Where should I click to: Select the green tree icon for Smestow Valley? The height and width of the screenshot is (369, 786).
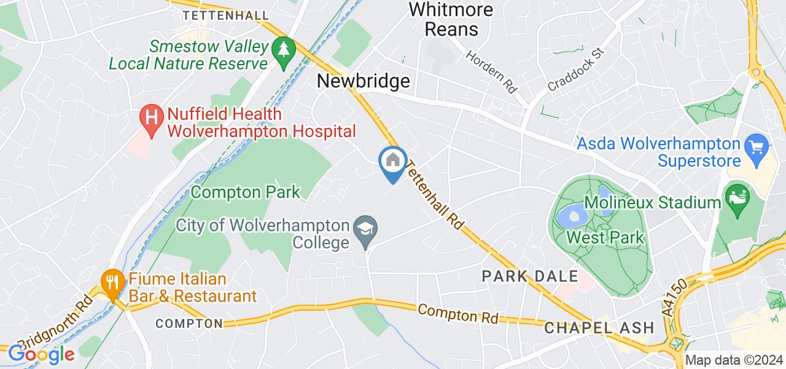(283, 53)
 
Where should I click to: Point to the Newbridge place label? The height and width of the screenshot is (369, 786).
(363, 81)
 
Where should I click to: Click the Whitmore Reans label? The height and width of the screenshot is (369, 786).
(451, 19)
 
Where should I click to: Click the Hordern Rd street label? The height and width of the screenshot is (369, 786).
(492, 71)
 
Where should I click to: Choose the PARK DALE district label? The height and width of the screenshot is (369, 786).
(531, 276)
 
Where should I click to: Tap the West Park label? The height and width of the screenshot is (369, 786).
(605, 237)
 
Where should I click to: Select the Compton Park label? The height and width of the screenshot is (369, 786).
(246, 192)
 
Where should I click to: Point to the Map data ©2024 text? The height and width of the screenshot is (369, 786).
(734, 360)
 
